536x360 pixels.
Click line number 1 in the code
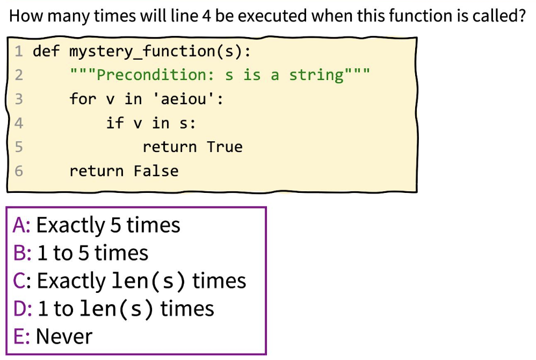19,51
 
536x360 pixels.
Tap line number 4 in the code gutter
19,123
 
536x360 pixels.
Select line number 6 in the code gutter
19,171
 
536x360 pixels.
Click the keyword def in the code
46,51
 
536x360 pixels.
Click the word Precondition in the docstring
156,75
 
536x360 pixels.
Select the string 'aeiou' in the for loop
184,99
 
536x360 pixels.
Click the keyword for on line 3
83,99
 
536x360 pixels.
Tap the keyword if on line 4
114,123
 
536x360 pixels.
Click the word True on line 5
224,147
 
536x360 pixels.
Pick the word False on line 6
156,171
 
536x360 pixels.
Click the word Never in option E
64,337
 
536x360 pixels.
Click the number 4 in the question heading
206,16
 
